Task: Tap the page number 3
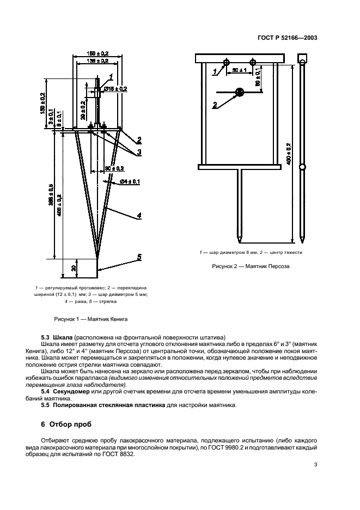click(315, 464)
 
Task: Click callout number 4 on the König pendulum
click(139, 216)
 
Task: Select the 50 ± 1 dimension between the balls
click(240, 70)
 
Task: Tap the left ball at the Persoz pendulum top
click(229, 61)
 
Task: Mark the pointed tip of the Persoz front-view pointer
click(239, 241)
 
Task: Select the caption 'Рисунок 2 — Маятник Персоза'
click(250, 267)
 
